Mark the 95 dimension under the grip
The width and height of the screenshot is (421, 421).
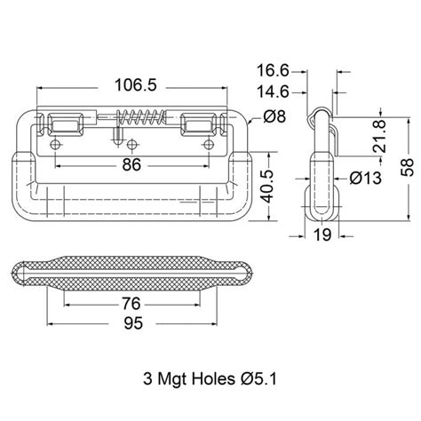(x=133, y=325)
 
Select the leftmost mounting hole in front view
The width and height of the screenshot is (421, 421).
(x=56, y=145)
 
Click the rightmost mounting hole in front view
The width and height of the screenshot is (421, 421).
(x=210, y=145)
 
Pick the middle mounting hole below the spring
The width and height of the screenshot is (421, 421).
(x=133, y=145)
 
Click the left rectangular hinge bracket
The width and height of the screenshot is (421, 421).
(x=68, y=123)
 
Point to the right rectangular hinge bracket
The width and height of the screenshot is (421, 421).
(x=197, y=123)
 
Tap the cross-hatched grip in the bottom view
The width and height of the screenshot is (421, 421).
(x=133, y=273)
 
